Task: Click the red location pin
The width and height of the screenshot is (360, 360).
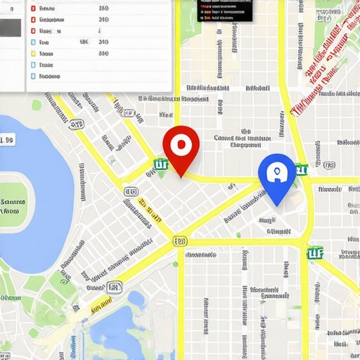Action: point(181,144)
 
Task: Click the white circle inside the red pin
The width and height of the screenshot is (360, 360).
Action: point(181,144)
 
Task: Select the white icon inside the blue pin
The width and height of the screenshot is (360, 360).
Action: point(276,172)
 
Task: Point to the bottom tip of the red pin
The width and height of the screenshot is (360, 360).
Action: point(181,176)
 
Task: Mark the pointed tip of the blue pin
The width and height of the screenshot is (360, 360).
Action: point(277,205)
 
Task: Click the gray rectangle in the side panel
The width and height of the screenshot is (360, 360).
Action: point(12,28)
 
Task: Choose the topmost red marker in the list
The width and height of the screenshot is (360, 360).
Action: point(32,9)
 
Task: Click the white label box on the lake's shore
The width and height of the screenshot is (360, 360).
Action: point(6,141)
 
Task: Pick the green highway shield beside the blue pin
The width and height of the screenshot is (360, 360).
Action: point(301,169)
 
